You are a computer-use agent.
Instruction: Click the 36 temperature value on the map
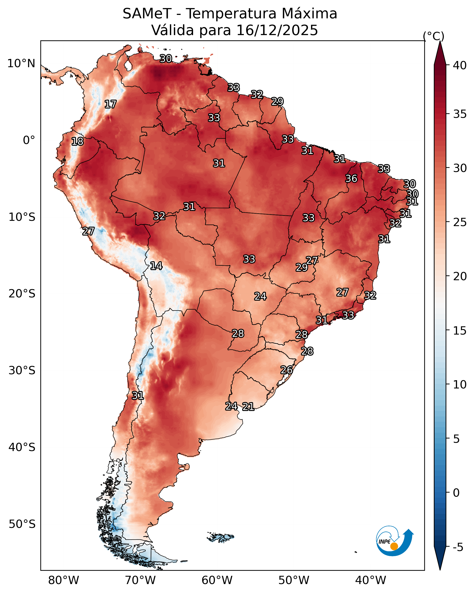(351, 178)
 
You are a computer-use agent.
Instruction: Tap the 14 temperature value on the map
(156, 266)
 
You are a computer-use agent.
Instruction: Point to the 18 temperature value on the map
(77, 141)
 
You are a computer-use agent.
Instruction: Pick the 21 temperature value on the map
(248, 407)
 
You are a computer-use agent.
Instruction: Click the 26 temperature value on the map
(286, 370)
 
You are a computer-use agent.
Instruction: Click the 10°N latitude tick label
(21, 64)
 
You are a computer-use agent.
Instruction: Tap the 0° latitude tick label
(29, 140)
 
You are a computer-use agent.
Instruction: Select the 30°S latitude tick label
(22, 371)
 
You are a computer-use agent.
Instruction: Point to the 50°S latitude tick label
(22, 524)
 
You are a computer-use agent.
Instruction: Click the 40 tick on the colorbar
(460, 65)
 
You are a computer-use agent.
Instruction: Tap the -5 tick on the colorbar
(458, 547)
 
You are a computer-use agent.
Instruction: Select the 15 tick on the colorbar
(460, 331)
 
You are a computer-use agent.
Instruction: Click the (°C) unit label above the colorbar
(434, 36)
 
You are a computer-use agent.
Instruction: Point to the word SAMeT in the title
(147, 14)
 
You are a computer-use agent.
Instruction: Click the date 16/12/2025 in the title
(277, 30)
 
